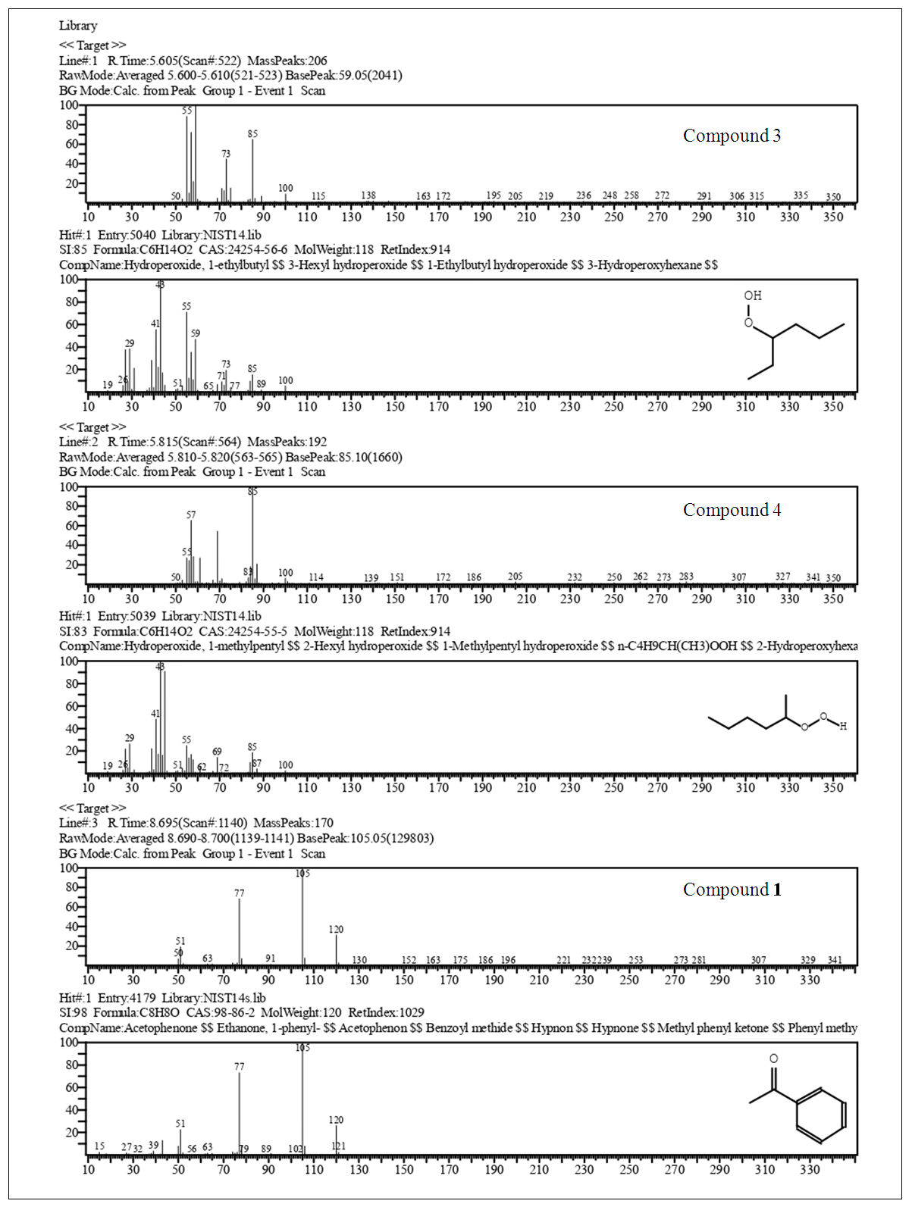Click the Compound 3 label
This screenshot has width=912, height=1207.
coord(731,136)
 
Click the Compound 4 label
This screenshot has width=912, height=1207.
coord(731,511)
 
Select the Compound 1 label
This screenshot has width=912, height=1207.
coord(732,890)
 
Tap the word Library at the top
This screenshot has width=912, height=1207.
coord(78,26)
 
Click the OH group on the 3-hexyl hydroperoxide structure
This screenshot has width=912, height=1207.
coord(752,296)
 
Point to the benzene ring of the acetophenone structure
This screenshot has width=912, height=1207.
coord(821,1115)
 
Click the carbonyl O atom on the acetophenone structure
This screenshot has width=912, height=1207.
coord(773,1058)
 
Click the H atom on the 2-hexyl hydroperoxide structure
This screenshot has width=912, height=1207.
coord(843,726)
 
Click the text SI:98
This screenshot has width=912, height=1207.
coord(71,1013)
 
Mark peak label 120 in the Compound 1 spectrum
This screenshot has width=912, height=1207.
coord(336,930)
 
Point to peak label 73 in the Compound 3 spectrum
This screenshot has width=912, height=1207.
coord(226,154)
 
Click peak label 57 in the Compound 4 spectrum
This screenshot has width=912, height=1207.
coord(191,515)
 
